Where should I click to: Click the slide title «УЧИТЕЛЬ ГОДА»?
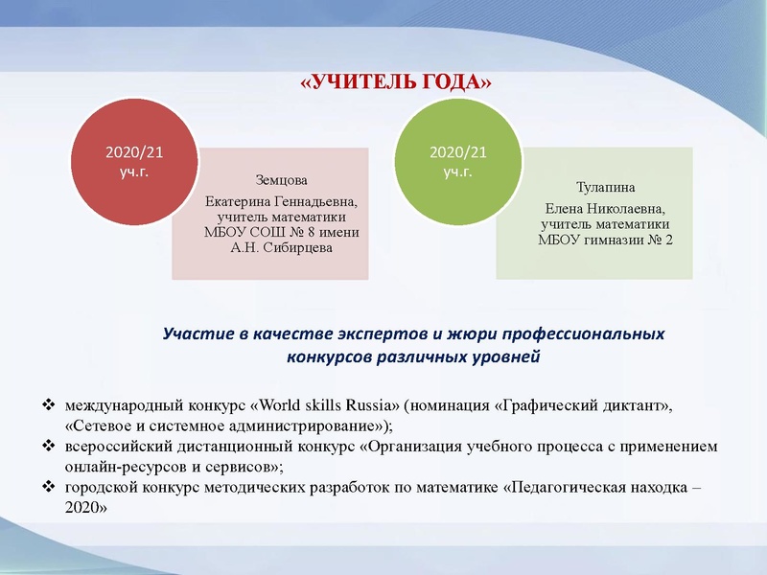click(396, 83)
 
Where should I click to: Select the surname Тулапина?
click(605, 188)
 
